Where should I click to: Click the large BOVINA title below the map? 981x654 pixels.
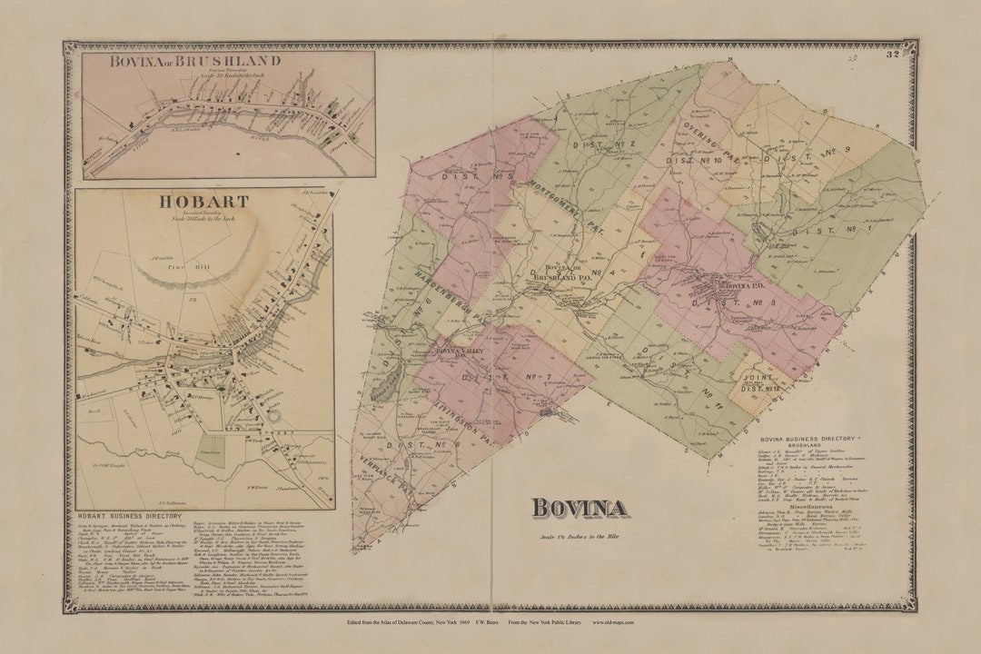(x=579, y=509)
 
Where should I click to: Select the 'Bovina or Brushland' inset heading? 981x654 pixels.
(x=195, y=62)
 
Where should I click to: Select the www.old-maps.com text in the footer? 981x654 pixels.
(x=613, y=622)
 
